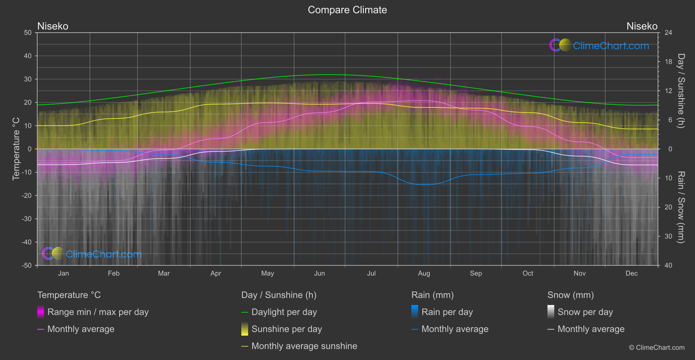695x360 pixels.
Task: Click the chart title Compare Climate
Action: [347, 10]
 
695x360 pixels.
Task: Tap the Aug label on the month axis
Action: [424, 274]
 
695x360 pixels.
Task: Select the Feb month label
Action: [113, 274]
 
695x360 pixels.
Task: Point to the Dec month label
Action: [631, 274]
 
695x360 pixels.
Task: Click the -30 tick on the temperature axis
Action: [27, 219]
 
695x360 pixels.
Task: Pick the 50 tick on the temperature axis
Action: [28, 33]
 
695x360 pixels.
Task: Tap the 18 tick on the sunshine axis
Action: [668, 62]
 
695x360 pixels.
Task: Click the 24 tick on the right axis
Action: [668, 33]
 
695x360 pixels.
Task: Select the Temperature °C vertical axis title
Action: [16, 149]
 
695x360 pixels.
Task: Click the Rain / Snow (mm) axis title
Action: [681, 207]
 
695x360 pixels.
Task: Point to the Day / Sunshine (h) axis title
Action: [681, 91]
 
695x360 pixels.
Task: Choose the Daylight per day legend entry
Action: [284, 312]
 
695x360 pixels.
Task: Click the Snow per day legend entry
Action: [585, 312]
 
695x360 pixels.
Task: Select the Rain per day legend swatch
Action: [414, 312]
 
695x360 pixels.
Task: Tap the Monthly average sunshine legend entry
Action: [304, 346]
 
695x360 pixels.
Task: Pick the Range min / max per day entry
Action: [98, 312]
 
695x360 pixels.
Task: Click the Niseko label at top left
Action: [53, 26]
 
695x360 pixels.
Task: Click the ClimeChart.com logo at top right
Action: [599, 45]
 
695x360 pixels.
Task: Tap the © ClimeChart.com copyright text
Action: [657, 348]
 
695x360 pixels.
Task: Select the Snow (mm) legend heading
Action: [570, 295]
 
